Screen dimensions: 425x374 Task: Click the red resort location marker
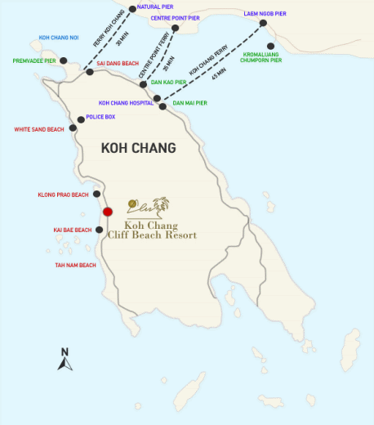[x=107, y=212]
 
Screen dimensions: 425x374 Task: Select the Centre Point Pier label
[x=170, y=16]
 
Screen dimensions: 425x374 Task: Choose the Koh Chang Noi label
[x=59, y=38]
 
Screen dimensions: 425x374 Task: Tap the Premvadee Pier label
[x=34, y=60]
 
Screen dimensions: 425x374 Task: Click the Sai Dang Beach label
[x=118, y=63]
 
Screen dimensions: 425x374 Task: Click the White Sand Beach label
[x=39, y=129]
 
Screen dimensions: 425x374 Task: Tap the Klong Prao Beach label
[x=63, y=195]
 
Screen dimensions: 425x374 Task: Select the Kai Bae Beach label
[x=72, y=230]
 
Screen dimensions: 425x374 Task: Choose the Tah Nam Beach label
[x=75, y=265]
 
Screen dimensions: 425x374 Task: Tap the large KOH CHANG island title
[x=138, y=148]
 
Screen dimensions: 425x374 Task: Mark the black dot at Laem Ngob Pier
[x=263, y=24]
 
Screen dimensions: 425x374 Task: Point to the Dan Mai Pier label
[x=190, y=103]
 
